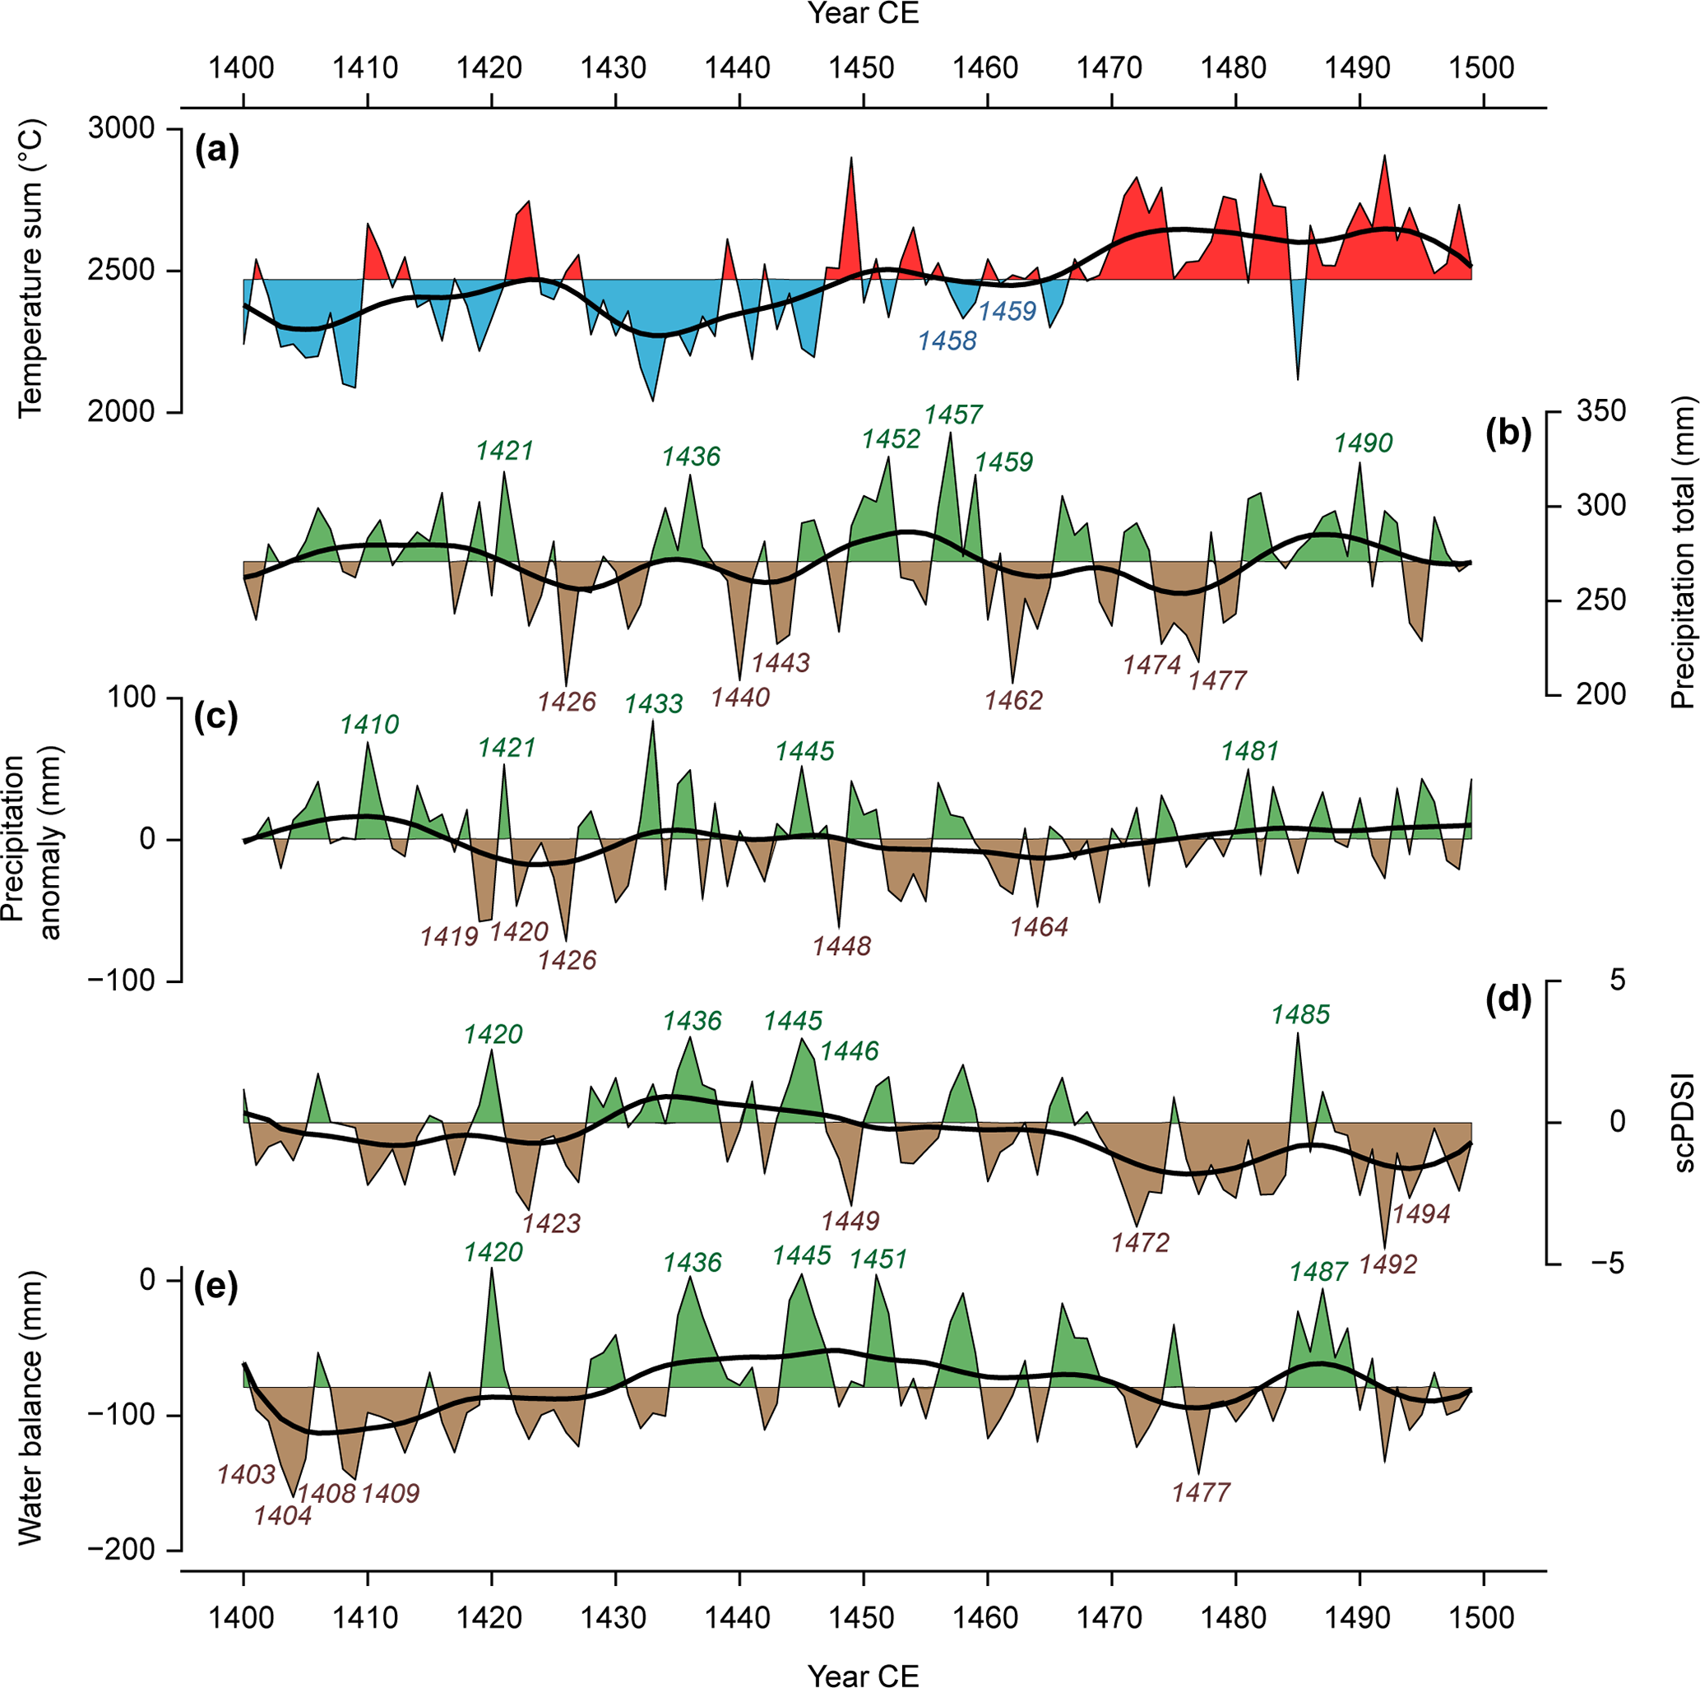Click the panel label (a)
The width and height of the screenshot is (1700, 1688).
pos(216,152)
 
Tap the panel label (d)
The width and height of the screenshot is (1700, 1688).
pos(1508,1000)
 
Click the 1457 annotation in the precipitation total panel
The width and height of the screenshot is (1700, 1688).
pos(953,415)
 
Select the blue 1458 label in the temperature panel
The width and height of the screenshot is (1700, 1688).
pos(947,341)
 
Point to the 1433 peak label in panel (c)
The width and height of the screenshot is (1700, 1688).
pos(654,704)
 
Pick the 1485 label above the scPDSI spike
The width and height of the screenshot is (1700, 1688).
pos(1300,1015)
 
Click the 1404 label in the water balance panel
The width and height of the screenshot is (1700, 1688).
pos(282,1515)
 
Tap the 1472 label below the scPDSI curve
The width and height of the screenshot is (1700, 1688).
pos(1141,1243)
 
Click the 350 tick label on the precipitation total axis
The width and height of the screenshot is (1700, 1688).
pos(1600,411)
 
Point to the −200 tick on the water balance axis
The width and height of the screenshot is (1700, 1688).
pos(123,1550)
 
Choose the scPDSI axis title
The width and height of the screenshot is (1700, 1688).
pos(1684,1122)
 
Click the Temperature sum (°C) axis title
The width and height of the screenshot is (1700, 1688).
pos(30,269)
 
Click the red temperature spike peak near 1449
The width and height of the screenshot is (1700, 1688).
pos(851,159)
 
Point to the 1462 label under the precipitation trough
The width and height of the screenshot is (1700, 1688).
pos(1013,701)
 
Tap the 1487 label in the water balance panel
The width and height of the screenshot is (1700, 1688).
pos(1318,1272)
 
